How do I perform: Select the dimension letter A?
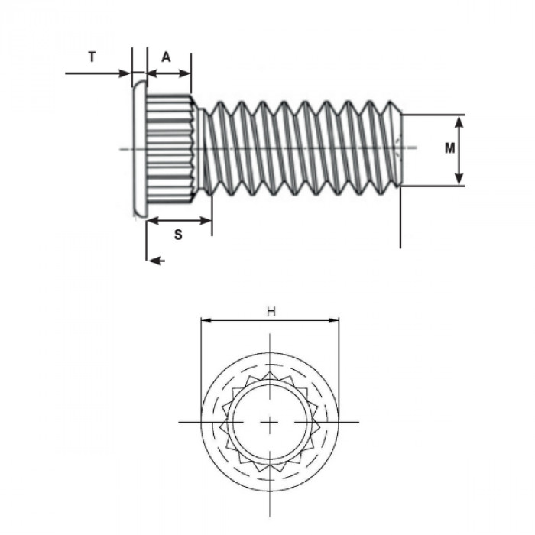(167, 57)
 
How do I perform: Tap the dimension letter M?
(451, 148)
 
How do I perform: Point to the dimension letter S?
(177, 235)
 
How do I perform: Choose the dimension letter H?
(270, 311)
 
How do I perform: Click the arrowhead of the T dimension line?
(125, 73)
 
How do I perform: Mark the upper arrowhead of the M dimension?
(459, 120)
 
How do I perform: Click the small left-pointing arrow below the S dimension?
(155, 261)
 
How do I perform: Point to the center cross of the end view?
(270, 422)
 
